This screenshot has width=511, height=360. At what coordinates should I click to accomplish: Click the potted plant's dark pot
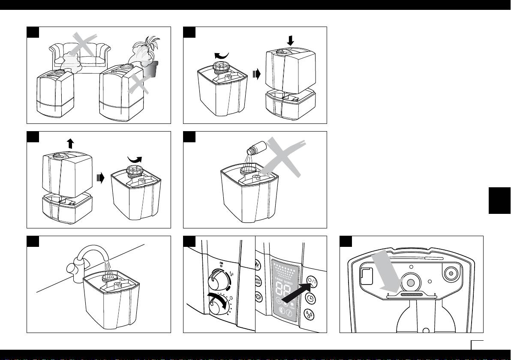(151, 69)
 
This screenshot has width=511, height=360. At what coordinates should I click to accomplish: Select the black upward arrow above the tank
(70, 144)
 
